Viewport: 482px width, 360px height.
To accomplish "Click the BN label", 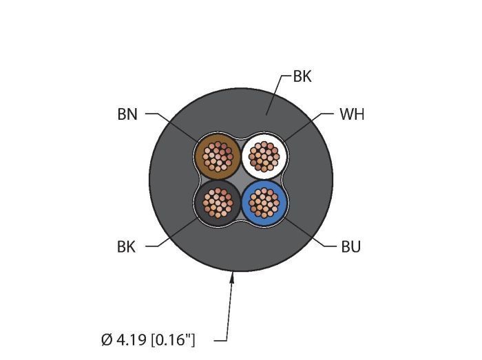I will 127,114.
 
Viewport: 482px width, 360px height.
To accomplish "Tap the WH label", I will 352,114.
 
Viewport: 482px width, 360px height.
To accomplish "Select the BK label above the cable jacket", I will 302,76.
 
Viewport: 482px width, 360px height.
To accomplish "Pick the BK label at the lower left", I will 127,246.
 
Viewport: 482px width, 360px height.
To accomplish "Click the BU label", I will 350,246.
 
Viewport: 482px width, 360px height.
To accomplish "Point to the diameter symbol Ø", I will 105,339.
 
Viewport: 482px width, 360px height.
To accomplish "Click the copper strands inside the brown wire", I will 218,157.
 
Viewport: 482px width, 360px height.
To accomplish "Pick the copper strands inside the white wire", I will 264,157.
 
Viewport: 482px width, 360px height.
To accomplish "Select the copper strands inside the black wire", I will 218,202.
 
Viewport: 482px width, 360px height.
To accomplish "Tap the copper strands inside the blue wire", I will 264,202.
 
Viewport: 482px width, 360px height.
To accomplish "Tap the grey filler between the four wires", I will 241,180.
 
